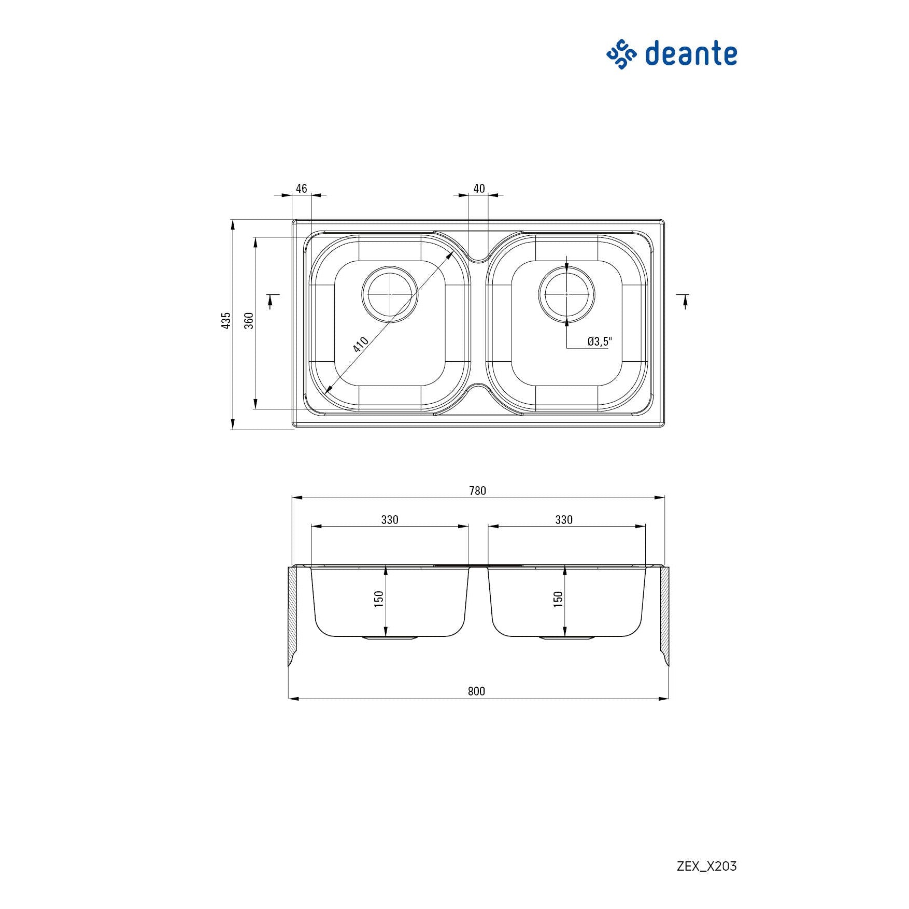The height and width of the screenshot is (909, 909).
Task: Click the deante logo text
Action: (691, 54)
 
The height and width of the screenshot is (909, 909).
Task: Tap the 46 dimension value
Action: (301, 189)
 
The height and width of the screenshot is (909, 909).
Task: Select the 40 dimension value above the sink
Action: (479, 189)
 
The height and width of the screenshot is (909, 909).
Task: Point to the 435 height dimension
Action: (226, 320)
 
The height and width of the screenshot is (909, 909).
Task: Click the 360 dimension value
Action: (249, 320)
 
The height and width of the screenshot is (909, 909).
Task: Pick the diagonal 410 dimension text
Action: (361, 344)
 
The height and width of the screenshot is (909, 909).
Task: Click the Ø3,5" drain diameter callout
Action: (600, 341)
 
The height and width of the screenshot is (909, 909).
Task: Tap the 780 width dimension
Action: (477, 491)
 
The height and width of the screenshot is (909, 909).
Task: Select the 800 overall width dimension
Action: (476, 691)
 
